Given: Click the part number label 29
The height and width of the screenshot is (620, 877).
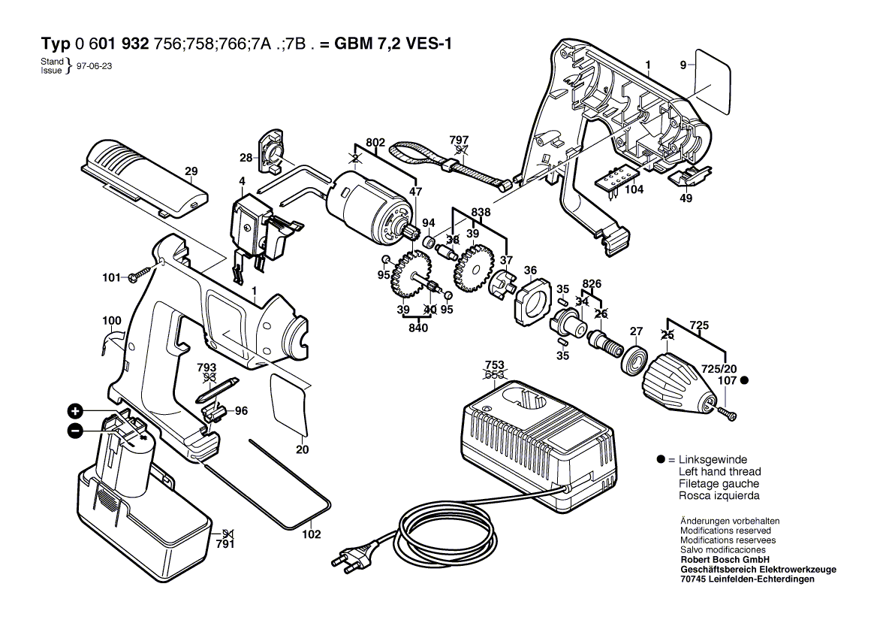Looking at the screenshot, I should tap(191, 171).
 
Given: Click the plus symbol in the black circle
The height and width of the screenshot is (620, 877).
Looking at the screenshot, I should tap(75, 411).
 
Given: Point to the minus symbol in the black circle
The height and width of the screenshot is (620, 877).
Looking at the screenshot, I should tap(75, 431).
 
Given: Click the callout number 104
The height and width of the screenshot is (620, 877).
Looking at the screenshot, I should tap(634, 190).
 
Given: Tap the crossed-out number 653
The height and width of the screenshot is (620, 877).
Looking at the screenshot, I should tap(494, 374).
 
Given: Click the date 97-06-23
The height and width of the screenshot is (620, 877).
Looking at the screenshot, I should tap(95, 66).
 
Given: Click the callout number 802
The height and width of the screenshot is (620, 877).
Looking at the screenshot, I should tap(375, 142).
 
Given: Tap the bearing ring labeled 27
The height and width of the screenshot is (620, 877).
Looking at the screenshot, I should tap(635, 358).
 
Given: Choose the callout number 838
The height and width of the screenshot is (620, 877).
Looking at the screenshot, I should tap(481, 213).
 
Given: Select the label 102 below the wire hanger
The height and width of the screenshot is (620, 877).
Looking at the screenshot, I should tap(311, 534).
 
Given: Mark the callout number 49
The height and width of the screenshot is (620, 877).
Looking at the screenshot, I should tap(686, 199).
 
